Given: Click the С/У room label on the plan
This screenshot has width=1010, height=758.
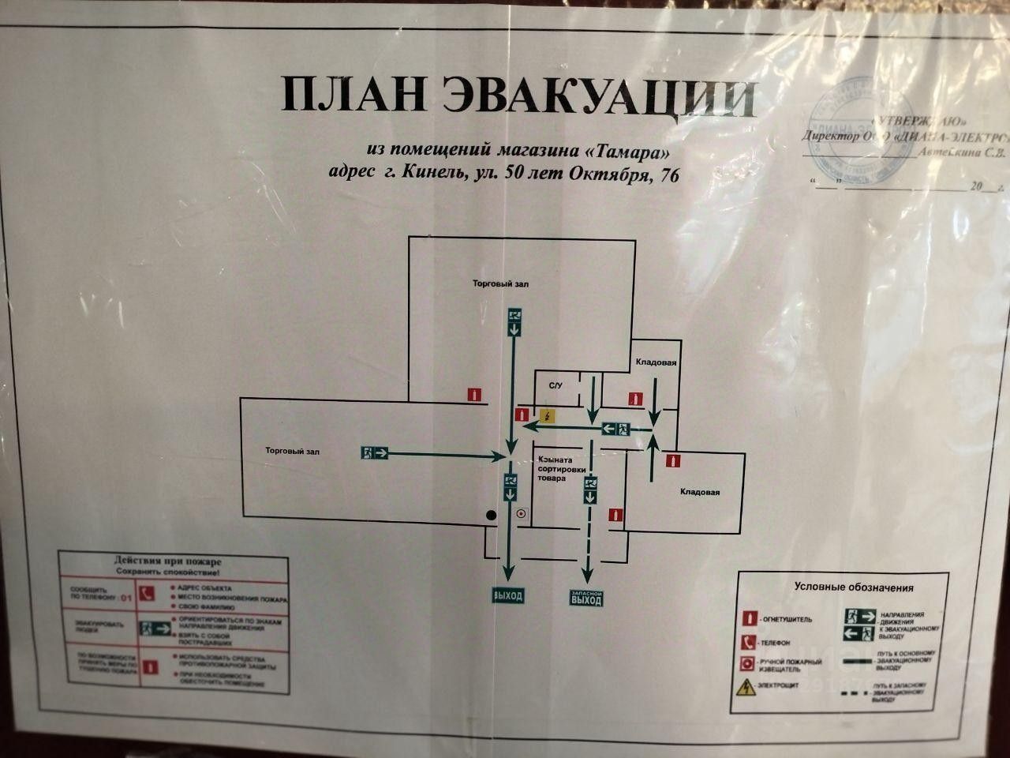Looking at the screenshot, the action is [555, 385].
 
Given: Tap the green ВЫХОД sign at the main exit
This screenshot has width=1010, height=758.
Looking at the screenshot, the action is [507, 596].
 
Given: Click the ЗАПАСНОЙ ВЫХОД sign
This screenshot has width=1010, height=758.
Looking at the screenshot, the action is [586, 599].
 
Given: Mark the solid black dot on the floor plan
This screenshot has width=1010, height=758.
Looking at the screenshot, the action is [491, 515].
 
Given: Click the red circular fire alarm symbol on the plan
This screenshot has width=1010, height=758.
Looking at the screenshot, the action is [519, 514].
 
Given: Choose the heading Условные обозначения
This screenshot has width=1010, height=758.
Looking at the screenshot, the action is [853, 587].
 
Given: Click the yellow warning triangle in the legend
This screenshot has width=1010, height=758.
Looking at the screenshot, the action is [744, 688].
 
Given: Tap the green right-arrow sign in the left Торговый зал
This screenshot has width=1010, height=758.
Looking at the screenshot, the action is [376, 452].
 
